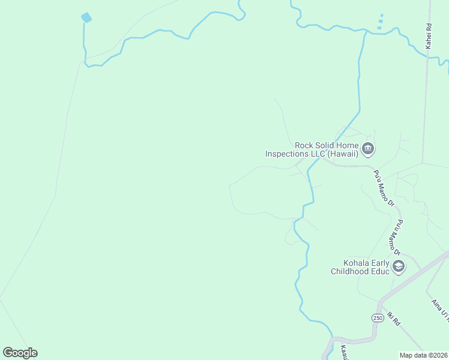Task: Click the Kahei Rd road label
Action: [429, 36]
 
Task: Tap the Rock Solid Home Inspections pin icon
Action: [367, 148]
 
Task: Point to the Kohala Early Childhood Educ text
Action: [360, 267]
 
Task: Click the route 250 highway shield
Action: [377, 317]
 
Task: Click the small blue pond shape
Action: [86, 17]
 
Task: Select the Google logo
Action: [20, 353]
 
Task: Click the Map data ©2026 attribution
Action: [423, 355]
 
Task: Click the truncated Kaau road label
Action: [343, 352]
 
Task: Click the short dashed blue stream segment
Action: [380, 22]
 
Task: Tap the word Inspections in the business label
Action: [287, 154]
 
